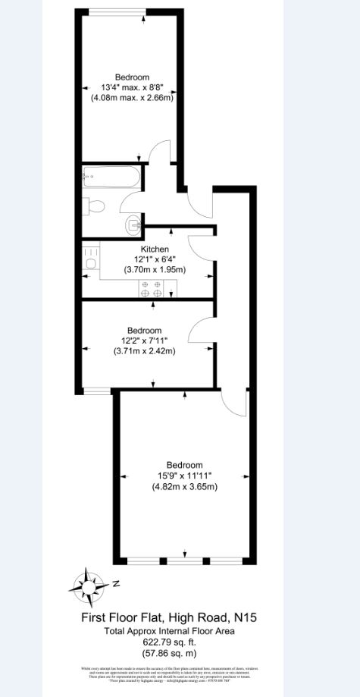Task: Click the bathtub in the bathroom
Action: (111, 179)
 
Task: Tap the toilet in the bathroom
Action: (95, 205)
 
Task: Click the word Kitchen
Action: (155, 249)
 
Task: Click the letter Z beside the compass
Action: (116, 584)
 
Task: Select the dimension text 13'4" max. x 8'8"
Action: (132, 87)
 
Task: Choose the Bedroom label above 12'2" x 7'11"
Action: (144, 330)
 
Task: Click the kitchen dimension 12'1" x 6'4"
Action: (155, 259)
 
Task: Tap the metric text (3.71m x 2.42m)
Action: (144, 351)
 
